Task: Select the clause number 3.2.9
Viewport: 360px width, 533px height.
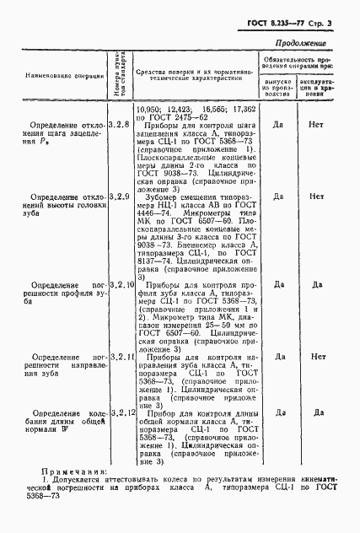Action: click(121, 196)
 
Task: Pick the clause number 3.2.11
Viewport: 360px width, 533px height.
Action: click(121, 357)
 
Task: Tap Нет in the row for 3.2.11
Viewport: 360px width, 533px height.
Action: click(317, 357)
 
